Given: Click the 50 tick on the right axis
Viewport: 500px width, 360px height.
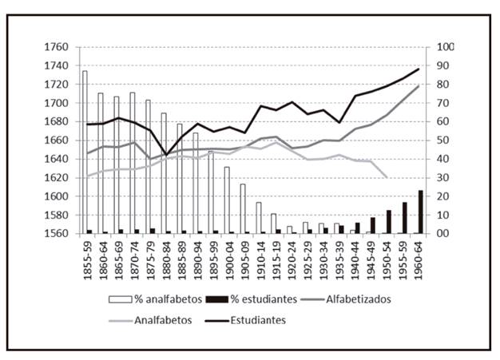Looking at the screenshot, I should click(442, 140).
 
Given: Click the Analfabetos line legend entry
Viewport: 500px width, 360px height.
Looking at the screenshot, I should click(175, 320).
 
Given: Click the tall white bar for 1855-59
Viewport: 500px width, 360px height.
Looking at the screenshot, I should click(85, 152).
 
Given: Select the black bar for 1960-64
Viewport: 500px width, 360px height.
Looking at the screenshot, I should click(421, 212).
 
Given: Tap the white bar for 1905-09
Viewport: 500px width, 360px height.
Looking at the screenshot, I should click(242, 208).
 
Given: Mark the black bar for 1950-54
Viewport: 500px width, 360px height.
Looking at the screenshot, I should click(389, 222).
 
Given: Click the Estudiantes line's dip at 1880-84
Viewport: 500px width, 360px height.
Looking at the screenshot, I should click(166, 154).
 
